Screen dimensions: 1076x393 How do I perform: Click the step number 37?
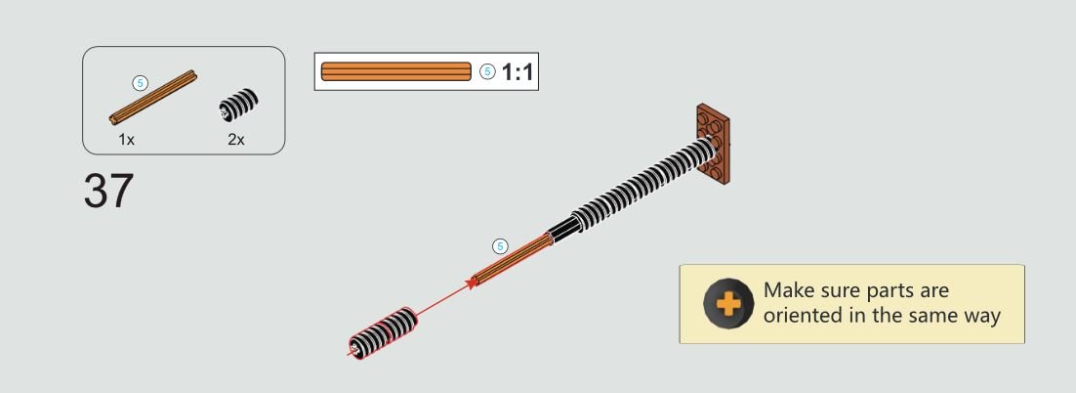pos(108,191)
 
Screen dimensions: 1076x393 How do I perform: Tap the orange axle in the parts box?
pos(153,98)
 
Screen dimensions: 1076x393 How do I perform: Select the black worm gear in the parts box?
pos(239,106)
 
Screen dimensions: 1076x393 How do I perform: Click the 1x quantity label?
pos(126,140)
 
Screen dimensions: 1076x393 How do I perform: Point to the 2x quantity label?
pos(236,140)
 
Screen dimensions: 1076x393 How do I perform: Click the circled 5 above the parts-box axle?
pos(140,83)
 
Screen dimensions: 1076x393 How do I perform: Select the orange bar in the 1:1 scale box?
pos(396,71)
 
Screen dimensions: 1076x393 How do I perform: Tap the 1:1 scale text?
pos(517,71)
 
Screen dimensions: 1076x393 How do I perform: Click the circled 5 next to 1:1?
pos(487,71)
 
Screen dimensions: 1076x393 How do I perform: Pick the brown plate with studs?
pos(713,143)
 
